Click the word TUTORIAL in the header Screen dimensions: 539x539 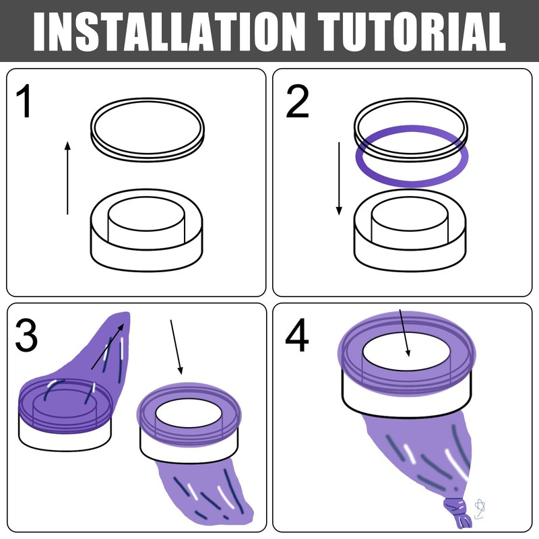point(411,32)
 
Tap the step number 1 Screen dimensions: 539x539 point(24,102)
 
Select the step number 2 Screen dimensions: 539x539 point(297,102)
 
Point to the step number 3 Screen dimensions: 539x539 point(26,335)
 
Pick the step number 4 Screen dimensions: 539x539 point(297,336)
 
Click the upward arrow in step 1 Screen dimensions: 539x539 point(67,178)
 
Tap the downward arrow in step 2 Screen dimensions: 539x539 point(339,179)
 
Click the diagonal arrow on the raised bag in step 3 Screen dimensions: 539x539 point(107,346)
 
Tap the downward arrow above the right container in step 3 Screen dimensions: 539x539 point(177,347)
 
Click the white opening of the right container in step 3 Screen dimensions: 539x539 point(189,413)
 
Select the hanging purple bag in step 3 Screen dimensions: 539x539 point(206,492)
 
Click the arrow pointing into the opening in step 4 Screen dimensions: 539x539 point(404,333)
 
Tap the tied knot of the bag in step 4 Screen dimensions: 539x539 point(457,512)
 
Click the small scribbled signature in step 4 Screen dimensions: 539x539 point(479,509)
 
